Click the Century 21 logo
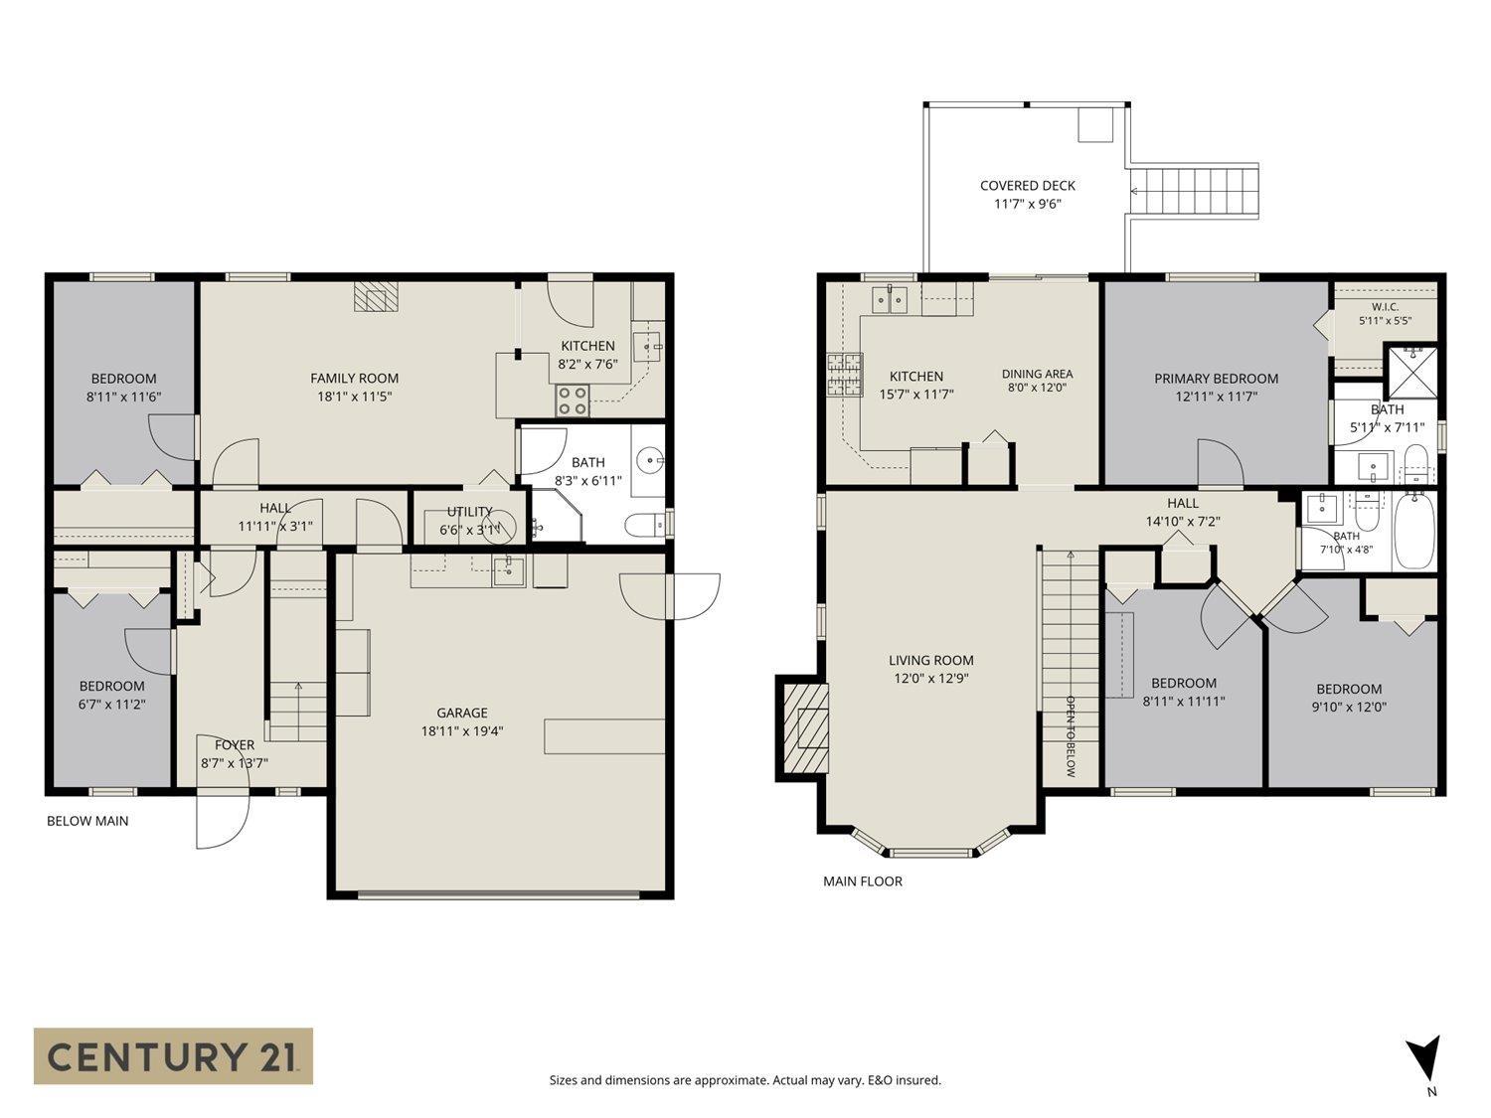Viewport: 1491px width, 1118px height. click(173, 1055)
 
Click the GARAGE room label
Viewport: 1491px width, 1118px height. click(462, 713)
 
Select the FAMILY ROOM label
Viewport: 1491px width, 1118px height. click(355, 379)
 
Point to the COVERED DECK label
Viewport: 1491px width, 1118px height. click(1028, 185)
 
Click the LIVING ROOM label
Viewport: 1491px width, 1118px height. click(931, 660)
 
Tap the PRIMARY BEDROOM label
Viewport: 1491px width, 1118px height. click(1217, 379)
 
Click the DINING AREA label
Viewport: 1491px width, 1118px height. click(1038, 374)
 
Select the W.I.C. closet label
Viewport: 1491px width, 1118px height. click(1385, 307)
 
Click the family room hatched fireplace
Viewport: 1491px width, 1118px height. click(375, 296)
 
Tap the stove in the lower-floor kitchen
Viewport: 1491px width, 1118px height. click(572, 400)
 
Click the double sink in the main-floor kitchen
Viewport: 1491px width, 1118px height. click(890, 299)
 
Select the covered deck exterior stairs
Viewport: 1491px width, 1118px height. click(1194, 191)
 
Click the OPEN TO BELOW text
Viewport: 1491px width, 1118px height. click(1070, 736)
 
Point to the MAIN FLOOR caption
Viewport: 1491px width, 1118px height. click(863, 881)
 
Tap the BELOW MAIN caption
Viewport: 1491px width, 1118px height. click(87, 821)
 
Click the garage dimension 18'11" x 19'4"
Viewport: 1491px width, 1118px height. click(462, 731)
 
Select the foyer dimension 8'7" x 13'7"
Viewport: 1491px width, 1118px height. click(235, 763)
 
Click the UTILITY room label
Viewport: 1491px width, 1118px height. click(469, 511)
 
